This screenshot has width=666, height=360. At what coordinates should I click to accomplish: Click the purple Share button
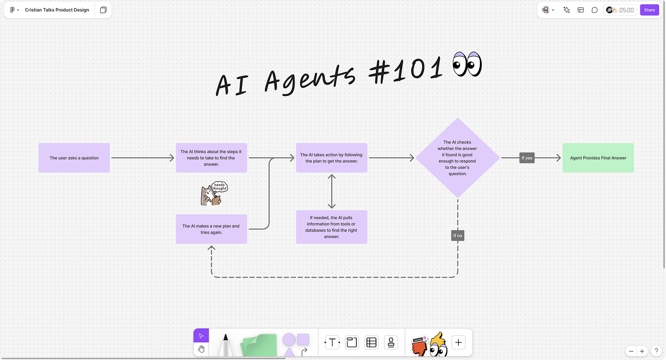coord(649,10)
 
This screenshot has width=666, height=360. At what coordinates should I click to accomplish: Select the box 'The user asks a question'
coord(74,158)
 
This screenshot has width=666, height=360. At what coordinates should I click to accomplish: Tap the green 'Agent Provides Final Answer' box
coord(598,158)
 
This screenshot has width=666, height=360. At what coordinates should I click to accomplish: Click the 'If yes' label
coord(527,158)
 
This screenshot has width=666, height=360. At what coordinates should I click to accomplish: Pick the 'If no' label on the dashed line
coord(457,236)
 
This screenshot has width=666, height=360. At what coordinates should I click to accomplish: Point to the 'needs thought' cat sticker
coord(213,194)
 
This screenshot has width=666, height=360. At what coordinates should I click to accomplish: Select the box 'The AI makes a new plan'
coord(211,229)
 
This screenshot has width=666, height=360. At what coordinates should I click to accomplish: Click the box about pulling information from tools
coord(332,227)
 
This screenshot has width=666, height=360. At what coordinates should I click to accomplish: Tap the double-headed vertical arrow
coord(332,191)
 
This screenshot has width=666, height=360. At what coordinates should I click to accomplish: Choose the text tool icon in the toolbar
coord(332,342)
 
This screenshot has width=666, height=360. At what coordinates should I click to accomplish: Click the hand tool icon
coord(201,349)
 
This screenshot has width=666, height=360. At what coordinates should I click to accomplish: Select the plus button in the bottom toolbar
coord(458,342)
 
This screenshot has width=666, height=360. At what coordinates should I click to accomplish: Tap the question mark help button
coord(656,351)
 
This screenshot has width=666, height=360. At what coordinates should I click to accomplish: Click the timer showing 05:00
coord(626,10)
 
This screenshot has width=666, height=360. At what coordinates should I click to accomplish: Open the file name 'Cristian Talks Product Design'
coord(57,10)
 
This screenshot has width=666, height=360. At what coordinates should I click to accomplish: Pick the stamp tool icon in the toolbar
coord(391,342)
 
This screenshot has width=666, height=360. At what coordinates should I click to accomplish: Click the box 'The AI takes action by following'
coord(332,158)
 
